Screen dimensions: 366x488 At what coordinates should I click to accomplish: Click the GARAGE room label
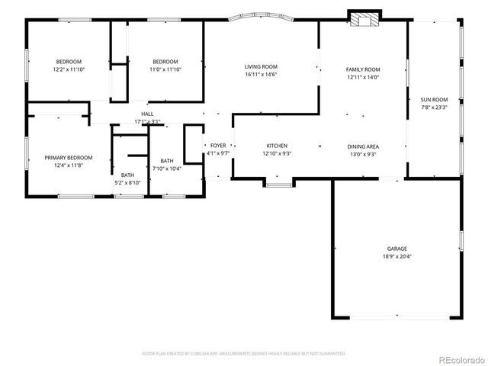tap(396, 249)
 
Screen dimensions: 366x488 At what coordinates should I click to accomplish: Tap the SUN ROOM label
tap(434, 99)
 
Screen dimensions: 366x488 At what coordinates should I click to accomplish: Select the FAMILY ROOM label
tap(363, 69)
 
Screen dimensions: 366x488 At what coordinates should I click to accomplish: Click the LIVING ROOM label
tap(261, 66)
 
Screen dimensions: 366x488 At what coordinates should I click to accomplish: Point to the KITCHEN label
tap(276, 146)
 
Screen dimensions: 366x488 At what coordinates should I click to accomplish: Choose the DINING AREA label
tap(363, 146)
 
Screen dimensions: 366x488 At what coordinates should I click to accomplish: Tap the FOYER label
tap(218, 145)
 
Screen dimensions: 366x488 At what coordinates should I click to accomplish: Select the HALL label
tap(147, 114)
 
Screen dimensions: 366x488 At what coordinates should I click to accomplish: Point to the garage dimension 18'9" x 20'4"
tap(396, 257)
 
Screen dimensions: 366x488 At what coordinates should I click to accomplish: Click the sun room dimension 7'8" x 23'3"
tap(434, 108)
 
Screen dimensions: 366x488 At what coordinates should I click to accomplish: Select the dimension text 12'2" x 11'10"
tap(68, 69)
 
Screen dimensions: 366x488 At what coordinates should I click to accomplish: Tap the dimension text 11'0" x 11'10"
tap(165, 69)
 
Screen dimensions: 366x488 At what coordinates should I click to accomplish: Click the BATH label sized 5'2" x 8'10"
tap(127, 175)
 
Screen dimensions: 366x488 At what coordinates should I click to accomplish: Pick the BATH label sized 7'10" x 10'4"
tap(167, 161)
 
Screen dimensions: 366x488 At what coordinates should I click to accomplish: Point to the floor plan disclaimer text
tap(244, 354)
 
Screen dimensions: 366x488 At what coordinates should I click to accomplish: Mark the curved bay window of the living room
tap(261, 15)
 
